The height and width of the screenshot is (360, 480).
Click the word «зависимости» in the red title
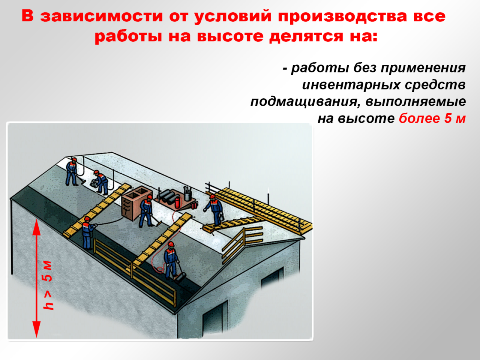click(x=102, y=16)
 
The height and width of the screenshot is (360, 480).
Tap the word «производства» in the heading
click(x=342, y=16)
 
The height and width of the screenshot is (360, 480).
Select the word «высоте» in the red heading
click(x=230, y=36)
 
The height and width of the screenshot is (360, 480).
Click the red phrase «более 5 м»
click(x=432, y=119)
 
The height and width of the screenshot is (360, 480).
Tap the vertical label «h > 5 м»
click(x=48, y=285)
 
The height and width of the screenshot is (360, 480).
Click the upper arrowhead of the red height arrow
click(x=36, y=227)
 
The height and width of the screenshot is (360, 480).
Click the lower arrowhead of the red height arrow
click(x=36, y=329)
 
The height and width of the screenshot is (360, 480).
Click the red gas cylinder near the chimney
click(x=177, y=202)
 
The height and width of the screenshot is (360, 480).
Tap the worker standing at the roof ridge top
click(x=71, y=172)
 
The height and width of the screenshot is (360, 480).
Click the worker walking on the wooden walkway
click(x=213, y=210)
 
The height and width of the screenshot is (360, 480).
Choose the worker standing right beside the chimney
click(x=146, y=211)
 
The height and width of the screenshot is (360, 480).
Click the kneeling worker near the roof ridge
click(x=100, y=183)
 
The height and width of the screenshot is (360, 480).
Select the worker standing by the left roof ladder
click(x=88, y=233)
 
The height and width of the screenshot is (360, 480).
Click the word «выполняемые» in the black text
click(x=416, y=102)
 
